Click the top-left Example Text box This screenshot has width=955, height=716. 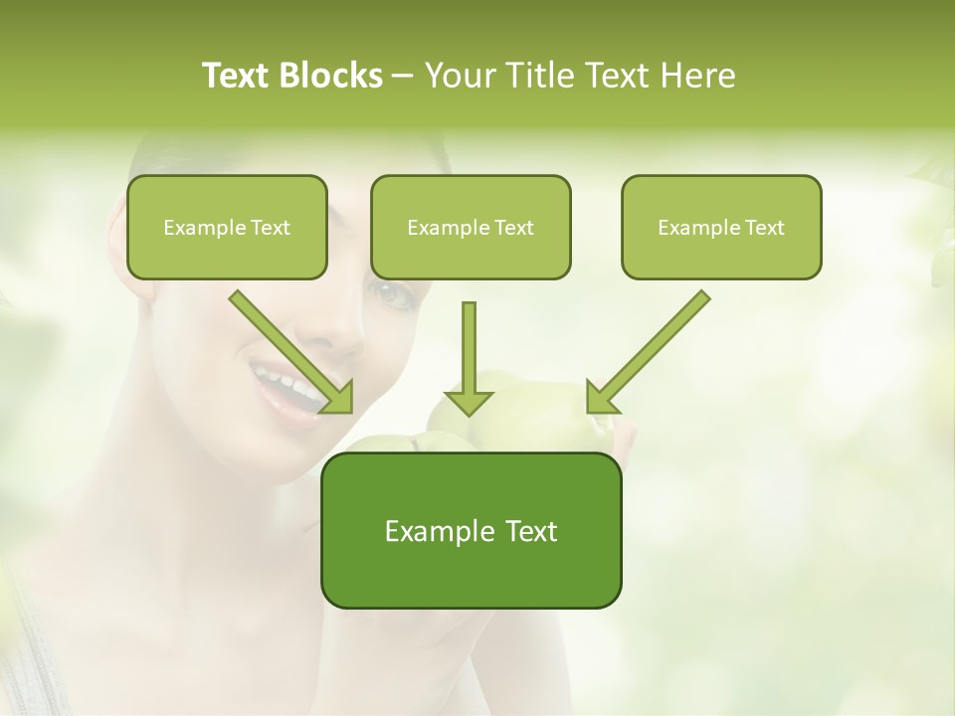click(227, 228)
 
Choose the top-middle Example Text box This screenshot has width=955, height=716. click(471, 228)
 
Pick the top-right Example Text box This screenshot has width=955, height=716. click(721, 228)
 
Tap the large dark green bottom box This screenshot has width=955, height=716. click(471, 531)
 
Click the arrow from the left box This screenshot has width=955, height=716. click(288, 350)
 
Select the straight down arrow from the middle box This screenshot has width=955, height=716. click(469, 358)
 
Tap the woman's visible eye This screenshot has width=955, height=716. click(392, 293)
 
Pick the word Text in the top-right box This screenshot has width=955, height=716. click(765, 228)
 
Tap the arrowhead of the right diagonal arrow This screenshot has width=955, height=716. click(600, 399)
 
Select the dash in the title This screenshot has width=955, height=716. click(403, 76)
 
